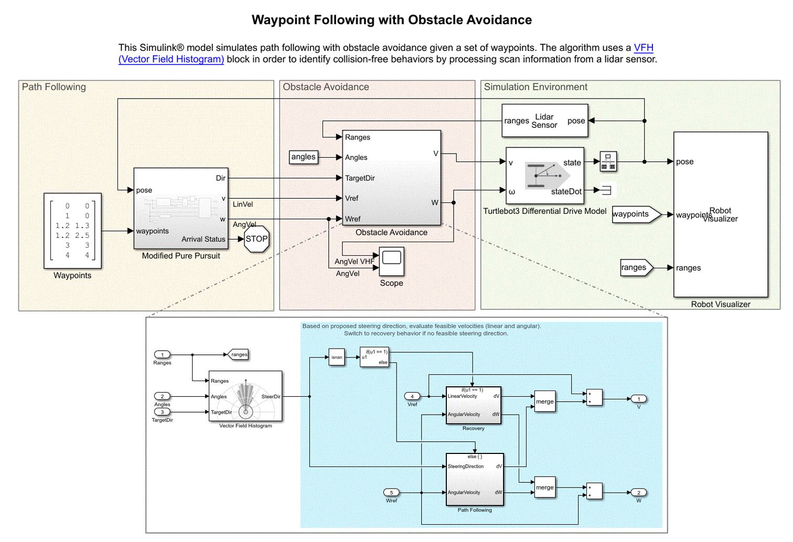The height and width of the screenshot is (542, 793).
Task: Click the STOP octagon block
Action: coord(256,239)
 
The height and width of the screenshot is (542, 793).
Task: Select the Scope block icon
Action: coord(391,261)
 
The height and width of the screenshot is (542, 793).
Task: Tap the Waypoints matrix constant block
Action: coord(72,231)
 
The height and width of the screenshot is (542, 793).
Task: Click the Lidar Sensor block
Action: coord(544,121)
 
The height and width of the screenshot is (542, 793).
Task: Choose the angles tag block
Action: coord(304,157)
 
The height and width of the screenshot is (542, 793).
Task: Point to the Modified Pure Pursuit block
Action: coord(181,208)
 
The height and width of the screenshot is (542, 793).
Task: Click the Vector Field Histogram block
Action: coord(245,396)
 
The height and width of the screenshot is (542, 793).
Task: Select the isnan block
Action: coord(337,357)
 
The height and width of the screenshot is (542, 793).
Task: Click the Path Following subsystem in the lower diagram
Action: coord(474,479)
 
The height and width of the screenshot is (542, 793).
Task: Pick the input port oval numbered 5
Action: coord(391,493)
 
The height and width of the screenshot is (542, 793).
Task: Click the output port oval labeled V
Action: coord(638,399)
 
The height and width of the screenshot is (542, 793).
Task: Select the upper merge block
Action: coord(544,402)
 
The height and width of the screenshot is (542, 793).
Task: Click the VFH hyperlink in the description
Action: coord(643,48)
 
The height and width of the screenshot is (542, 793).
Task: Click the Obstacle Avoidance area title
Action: coord(326,87)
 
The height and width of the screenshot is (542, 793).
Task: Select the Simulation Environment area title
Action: coord(535,87)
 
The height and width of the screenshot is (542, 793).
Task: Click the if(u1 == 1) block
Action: coord(374,357)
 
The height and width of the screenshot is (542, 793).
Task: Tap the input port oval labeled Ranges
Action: coord(162,355)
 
